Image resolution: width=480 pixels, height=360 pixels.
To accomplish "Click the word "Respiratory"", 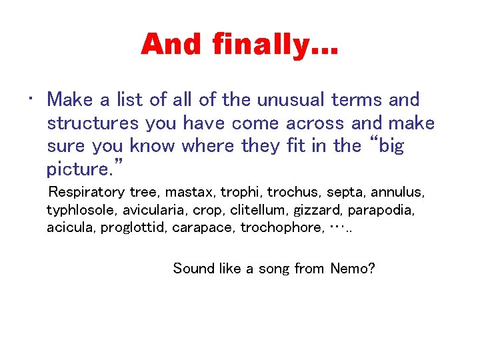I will pos(87,193).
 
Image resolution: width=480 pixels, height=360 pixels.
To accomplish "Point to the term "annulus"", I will pos(397,193).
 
